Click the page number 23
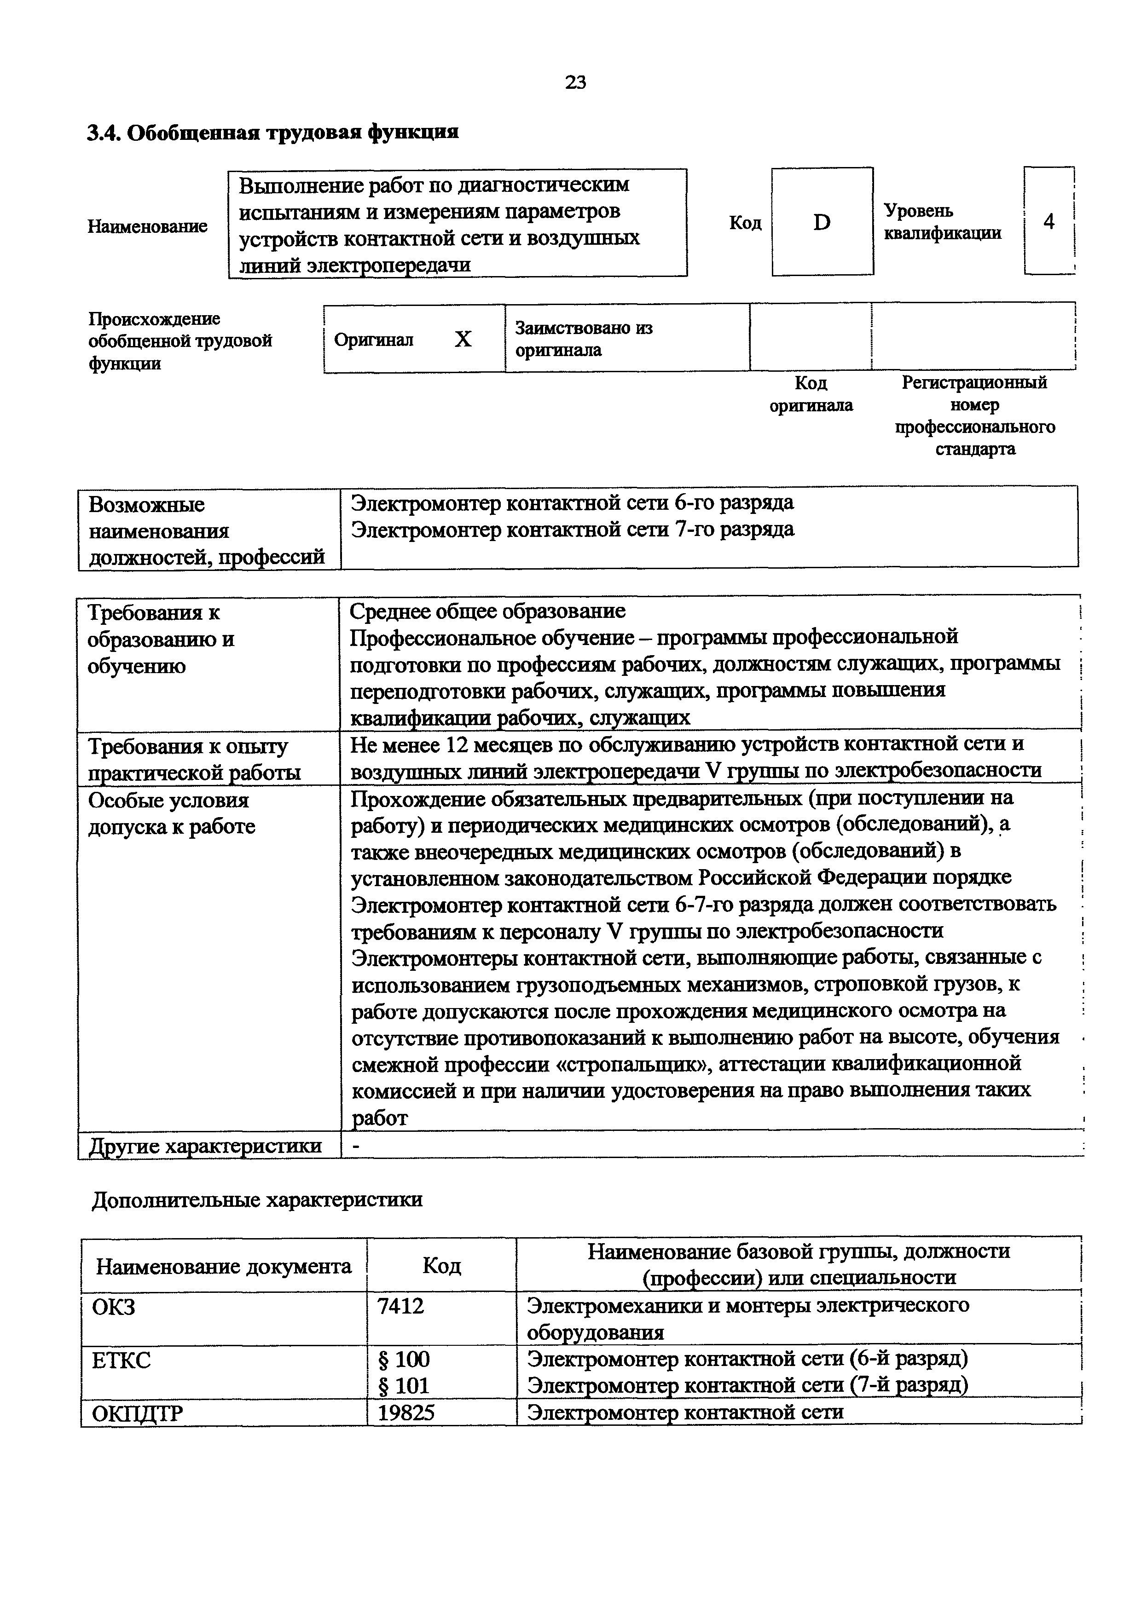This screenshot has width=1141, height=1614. click(575, 83)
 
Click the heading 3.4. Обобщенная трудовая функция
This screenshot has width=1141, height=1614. click(273, 132)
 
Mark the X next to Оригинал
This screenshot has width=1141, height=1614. click(463, 340)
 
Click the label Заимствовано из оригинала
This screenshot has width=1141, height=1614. click(584, 339)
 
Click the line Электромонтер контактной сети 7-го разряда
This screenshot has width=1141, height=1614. click(572, 529)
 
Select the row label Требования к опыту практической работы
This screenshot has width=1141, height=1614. click(194, 759)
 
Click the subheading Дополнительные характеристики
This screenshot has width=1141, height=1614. click(257, 1200)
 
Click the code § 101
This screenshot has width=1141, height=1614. click(404, 1385)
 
